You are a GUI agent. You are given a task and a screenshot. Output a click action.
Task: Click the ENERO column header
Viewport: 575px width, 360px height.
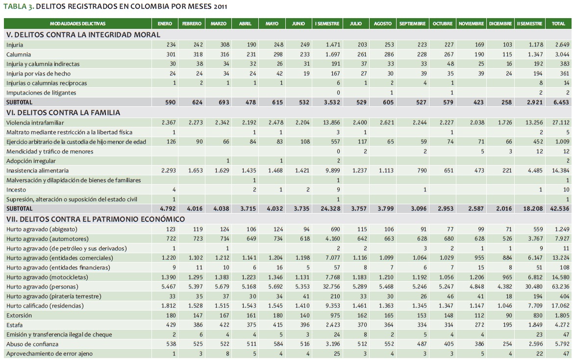point(165,24)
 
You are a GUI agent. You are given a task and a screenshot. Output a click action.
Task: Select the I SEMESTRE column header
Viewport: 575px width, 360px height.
point(327,24)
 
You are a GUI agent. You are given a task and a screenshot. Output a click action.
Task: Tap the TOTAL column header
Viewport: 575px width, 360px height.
point(558,24)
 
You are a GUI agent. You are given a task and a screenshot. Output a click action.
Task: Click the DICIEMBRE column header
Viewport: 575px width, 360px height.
point(500,24)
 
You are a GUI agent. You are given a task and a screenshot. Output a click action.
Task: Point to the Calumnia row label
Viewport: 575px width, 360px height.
point(19,54)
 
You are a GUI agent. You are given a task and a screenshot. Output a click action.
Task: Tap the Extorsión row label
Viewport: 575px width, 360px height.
point(19,315)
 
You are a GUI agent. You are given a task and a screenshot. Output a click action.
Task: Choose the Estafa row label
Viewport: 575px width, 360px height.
point(15,325)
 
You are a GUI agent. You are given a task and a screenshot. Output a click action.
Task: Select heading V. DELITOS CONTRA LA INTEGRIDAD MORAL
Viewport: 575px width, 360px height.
point(83,35)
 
